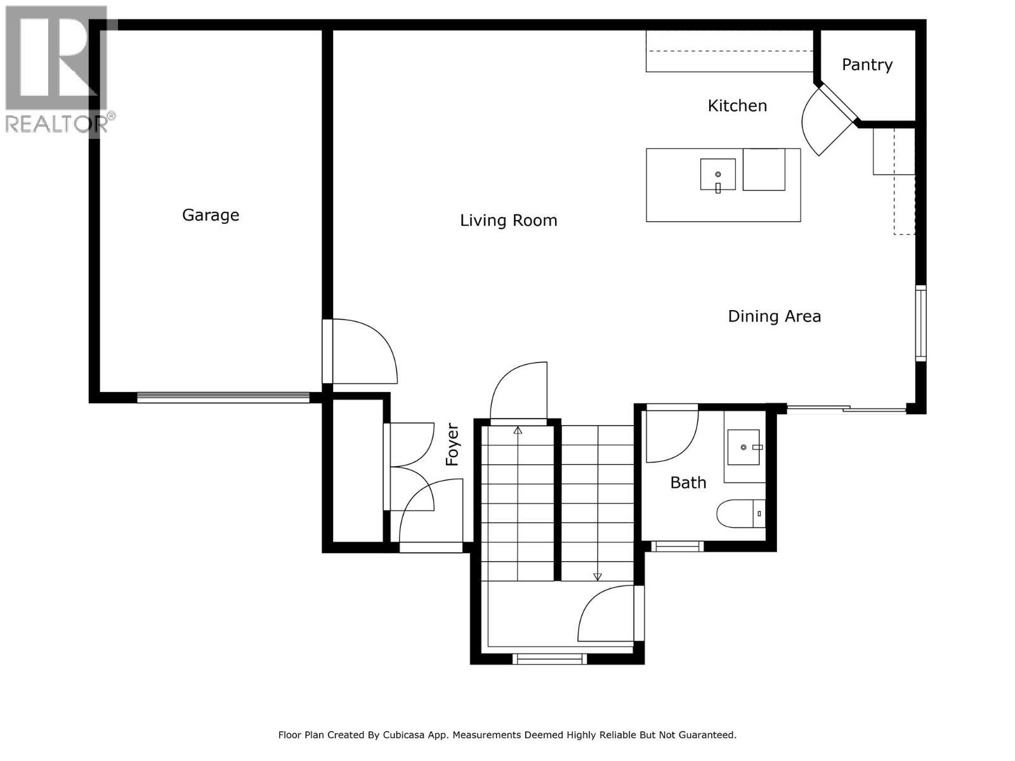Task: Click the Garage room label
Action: (x=211, y=215)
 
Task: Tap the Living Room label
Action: (x=508, y=221)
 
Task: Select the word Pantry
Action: (x=867, y=65)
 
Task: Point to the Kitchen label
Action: (x=737, y=105)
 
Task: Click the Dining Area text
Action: (x=774, y=316)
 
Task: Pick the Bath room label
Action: (x=688, y=483)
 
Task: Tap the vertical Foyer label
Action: (x=452, y=445)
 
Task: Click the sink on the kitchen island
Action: (x=717, y=174)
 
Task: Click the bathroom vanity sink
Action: (x=744, y=446)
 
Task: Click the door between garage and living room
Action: (x=362, y=352)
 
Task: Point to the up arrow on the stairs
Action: (x=518, y=431)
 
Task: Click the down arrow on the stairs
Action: (x=597, y=576)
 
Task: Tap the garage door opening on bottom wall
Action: (x=223, y=398)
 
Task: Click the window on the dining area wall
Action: (x=920, y=323)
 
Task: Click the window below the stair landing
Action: (x=549, y=660)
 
